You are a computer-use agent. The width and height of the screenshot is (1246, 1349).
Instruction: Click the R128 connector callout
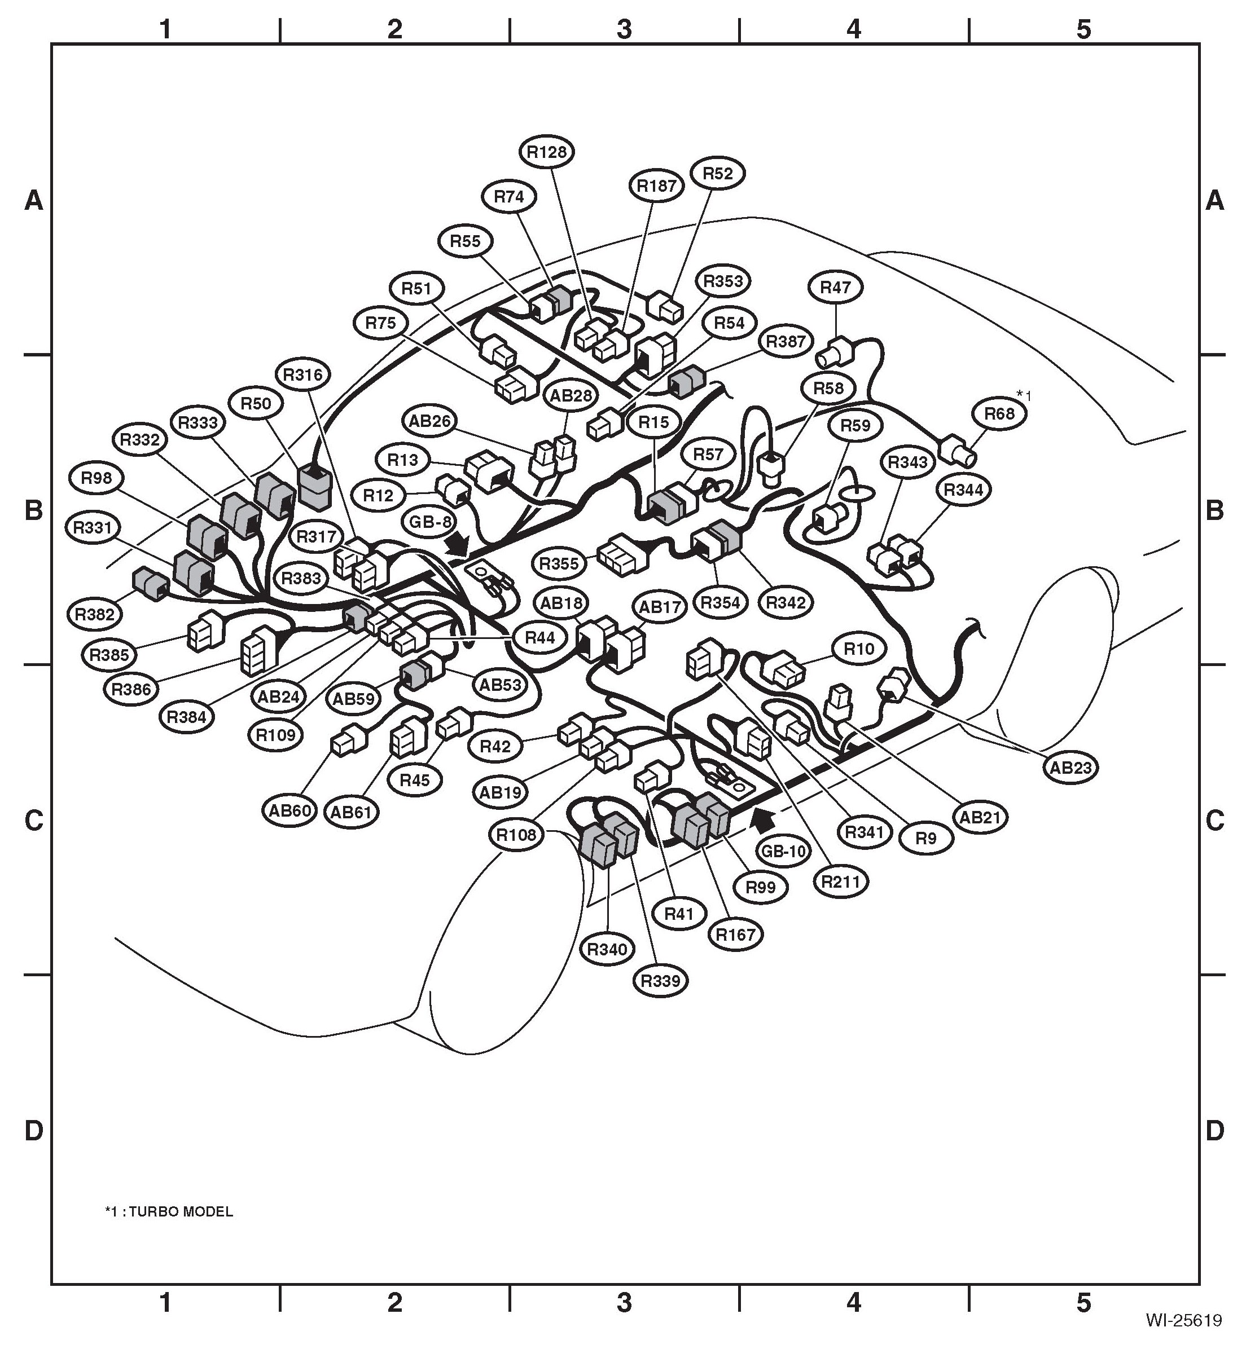pos(547,152)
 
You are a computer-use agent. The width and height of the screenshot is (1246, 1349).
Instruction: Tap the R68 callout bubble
pos(999,414)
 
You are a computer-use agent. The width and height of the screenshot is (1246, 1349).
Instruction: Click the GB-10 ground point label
pos(784,851)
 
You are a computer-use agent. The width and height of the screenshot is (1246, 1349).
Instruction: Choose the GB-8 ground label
pos(430,522)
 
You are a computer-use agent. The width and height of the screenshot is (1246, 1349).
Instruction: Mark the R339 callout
pos(661,980)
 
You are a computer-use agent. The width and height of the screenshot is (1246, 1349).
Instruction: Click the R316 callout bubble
pos(302,374)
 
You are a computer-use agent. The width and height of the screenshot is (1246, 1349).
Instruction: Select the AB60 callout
pos(290,810)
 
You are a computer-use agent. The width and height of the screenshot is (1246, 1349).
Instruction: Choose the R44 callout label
pos(539,637)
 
